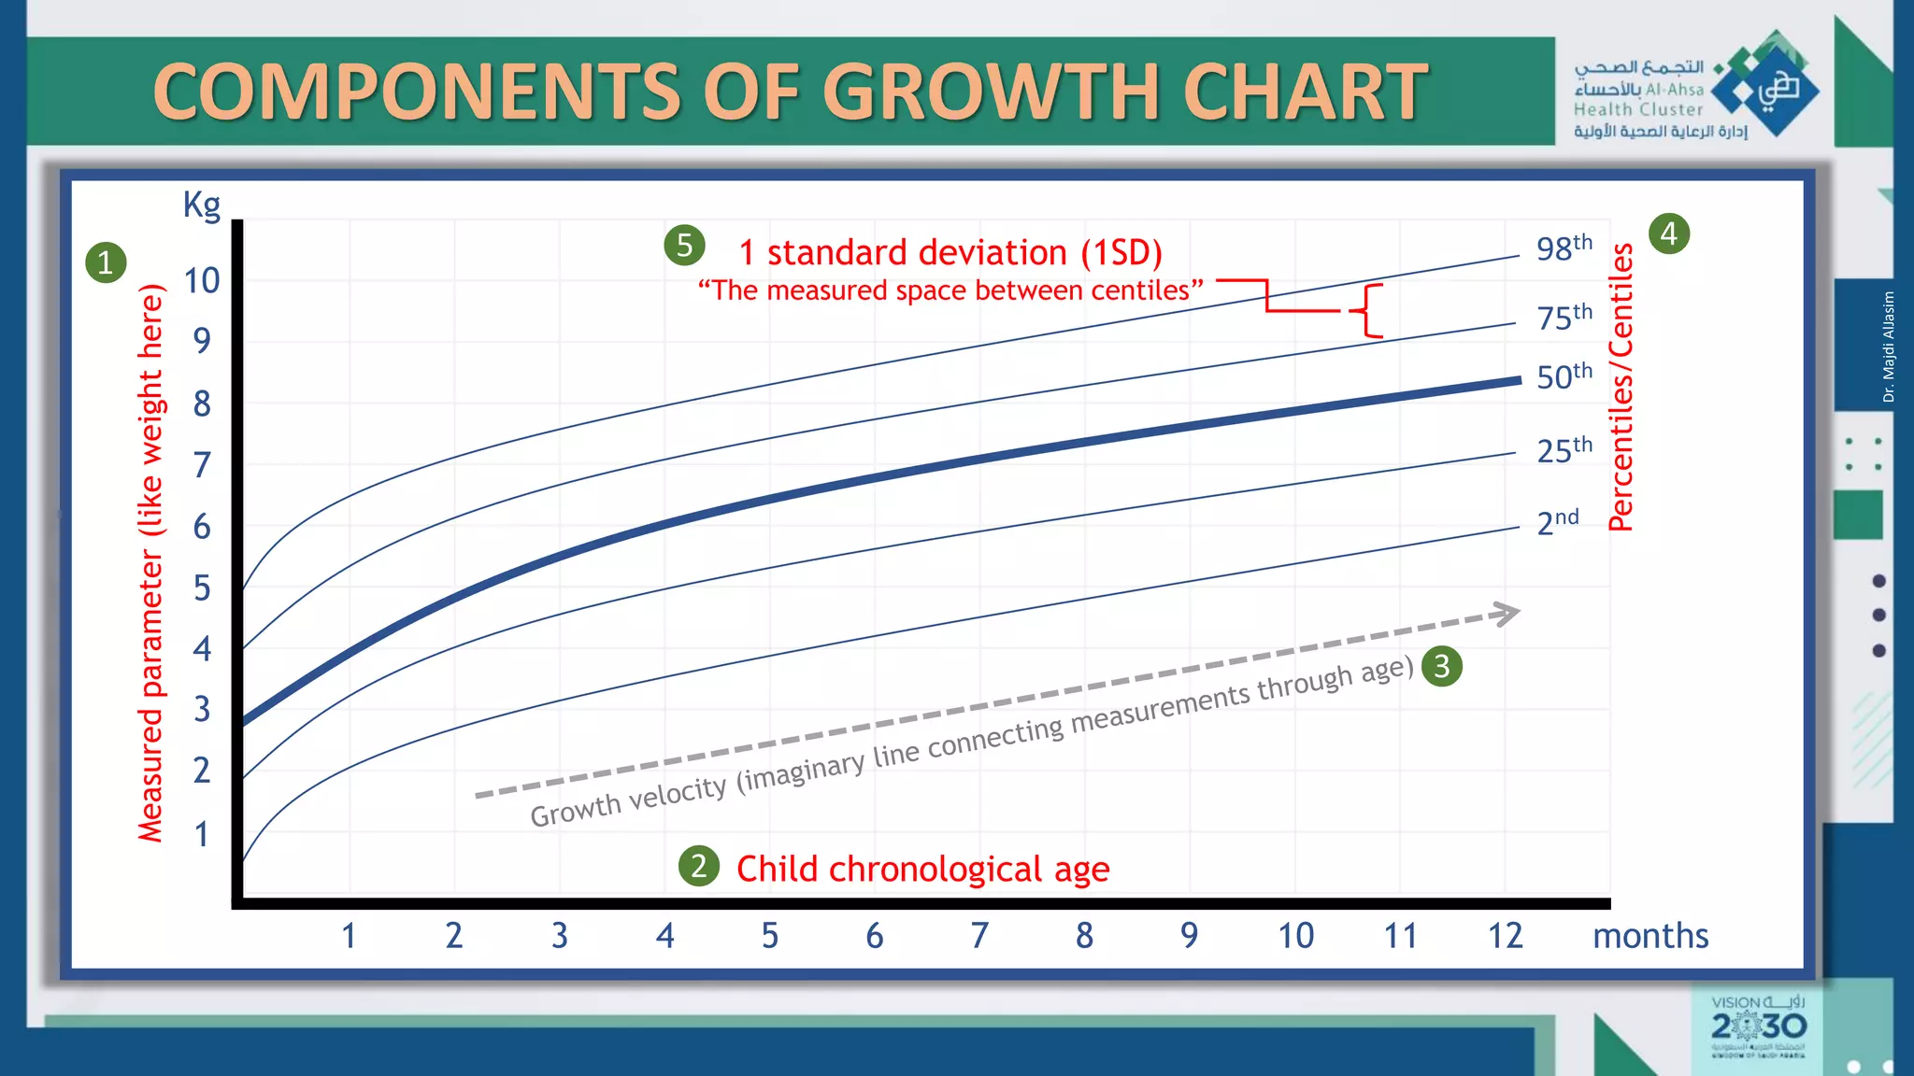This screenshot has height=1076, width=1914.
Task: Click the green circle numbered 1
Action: (x=106, y=262)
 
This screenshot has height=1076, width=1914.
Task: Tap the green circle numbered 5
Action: (x=684, y=246)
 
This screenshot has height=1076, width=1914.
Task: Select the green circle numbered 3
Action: (x=1441, y=667)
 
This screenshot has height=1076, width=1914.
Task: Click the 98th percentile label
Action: (x=1564, y=248)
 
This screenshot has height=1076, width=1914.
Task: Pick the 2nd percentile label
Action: (x=1557, y=521)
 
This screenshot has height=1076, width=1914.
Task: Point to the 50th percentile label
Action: (x=1564, y=375)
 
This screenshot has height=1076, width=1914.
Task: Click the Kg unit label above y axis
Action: (x=202, y=204)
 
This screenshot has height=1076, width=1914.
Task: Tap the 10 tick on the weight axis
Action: (x=202, y=280)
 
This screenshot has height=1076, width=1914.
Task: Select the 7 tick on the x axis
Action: (x=979, y=935)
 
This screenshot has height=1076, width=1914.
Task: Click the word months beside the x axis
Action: (x=1650, y=935)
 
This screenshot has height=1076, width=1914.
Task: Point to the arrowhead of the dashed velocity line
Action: (x=1507, y=614)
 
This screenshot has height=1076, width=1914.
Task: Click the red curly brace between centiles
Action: (x=1368, y=310)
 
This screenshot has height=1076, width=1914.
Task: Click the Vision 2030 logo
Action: (x=1758, y=1027)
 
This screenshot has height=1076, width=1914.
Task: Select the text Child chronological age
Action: (x=922, y=869)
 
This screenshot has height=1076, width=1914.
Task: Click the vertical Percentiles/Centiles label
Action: (x=1621, y=387)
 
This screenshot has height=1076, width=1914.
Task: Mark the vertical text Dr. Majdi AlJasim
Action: (x=1889, y=347)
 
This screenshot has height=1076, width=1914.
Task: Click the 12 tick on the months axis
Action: (x=1505, y=935)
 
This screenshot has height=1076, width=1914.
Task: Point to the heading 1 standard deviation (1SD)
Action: (x=950, y=253)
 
